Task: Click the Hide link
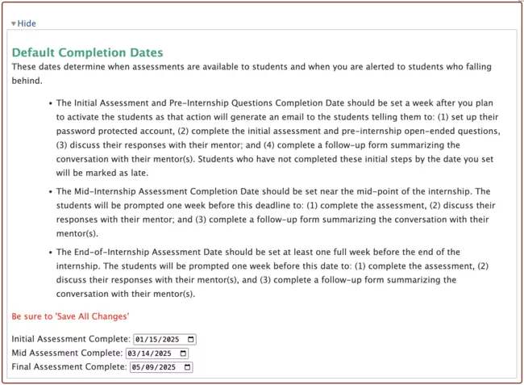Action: (x=27, y=23)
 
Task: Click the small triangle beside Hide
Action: (x=14, y=24)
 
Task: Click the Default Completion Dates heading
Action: (x=88, y=53)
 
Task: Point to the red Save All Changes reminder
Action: (x=71, y=316)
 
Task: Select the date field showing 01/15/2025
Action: (x=159, y=339)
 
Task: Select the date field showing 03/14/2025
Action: (x=152, y=353)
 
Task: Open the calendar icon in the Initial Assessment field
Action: (x=190, y=339)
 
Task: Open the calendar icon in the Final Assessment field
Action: (x=188, y=367)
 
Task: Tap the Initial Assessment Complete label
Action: (x=71, y=339)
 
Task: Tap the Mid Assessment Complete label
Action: (x=68, y=353)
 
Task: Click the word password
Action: (x=74, y=131)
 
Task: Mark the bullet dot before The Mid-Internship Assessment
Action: (x=49, y=192)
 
